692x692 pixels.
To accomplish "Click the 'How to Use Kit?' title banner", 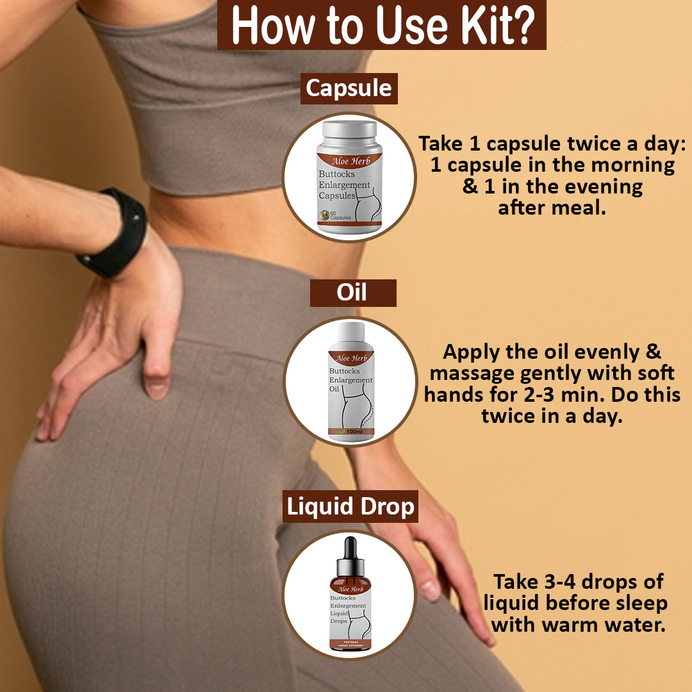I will tap(381, 26).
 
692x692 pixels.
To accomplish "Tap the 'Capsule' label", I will tap(349, 88).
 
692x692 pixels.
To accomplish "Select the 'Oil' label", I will tap(352, 292).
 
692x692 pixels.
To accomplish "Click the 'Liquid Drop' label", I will tap(350, 507).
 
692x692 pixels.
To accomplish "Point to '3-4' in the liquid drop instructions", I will tap(564, 582).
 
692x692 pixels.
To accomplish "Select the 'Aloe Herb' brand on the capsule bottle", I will tap(350, 160).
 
